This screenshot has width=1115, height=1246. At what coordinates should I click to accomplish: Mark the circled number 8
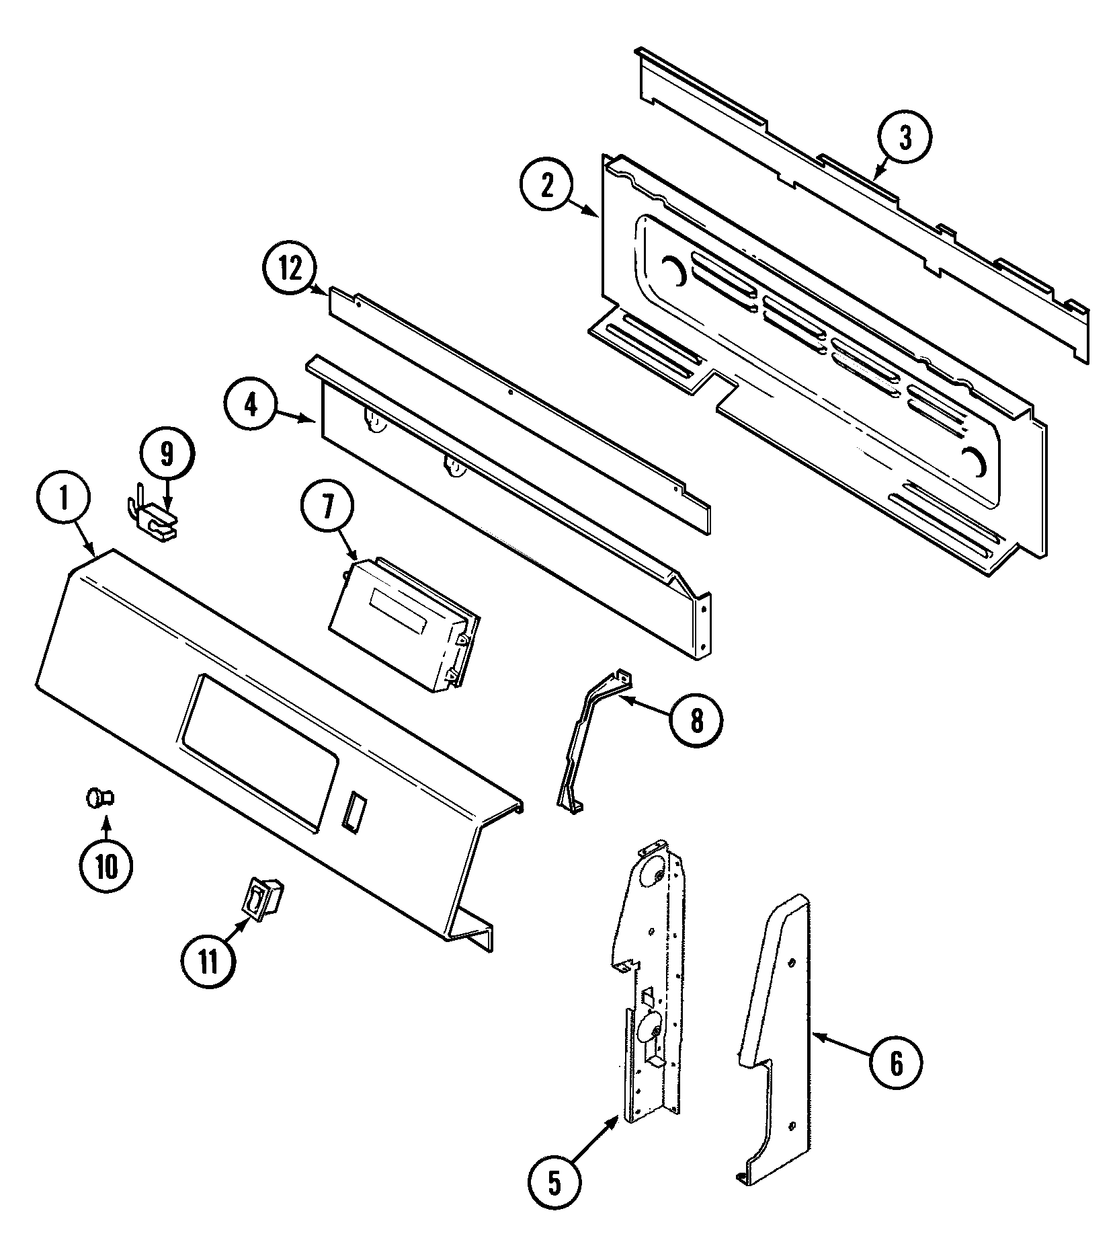click(696, 720)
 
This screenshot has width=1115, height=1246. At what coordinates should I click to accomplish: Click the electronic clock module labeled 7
click(403, 617)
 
